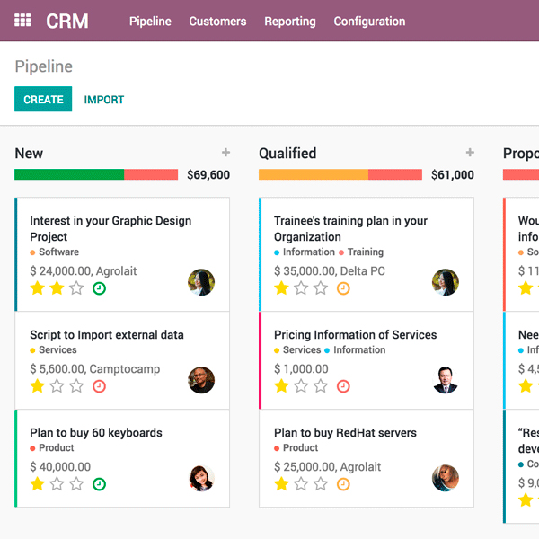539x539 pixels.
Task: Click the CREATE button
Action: [x=43, y=100]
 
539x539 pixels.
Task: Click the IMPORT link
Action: [x=104, y=100]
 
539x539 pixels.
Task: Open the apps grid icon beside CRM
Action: [x=23, y=21]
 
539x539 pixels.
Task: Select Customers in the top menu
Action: [x=217, y=22]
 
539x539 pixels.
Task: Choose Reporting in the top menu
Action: [x=290, y=22]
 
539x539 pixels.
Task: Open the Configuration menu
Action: [x=369, y=22]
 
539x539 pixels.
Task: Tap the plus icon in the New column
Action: [x=225, y=154]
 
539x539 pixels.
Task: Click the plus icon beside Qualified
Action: [x=470, y=154]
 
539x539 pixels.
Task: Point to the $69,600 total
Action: [x=208, y=175]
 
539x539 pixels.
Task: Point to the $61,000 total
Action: [x=453, y=175]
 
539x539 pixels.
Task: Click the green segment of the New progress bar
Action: [x=69, y=175]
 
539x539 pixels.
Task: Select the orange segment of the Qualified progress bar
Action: [x=314, y=175]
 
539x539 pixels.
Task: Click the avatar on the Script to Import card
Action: [x=201, y=380]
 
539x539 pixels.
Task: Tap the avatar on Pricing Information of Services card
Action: [x=446, y=380]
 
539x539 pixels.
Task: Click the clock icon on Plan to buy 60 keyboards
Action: [x=99, y=484]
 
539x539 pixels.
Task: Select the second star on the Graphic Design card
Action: [x=57, y=288]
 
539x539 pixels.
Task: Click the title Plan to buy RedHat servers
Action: [x=345, y=433]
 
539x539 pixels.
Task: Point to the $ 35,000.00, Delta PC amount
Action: [x=330, y=270]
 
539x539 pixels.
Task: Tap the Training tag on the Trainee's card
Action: [x=365, y=252]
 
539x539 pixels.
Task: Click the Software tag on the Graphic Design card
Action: [x=58, y=252]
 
